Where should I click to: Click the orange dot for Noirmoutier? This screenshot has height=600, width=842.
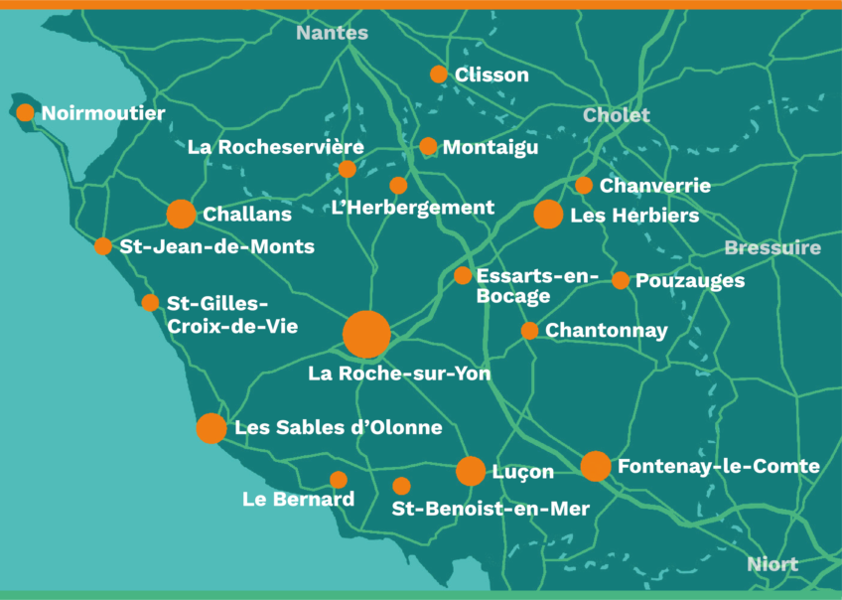[x=25, y=112]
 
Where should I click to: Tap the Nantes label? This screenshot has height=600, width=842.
[x=332, y=33]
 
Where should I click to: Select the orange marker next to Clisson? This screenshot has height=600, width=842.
[x=439, y=75]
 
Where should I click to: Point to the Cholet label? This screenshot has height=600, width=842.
[x=617, y=115]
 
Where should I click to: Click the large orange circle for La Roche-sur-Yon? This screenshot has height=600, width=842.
[x=366, y=334]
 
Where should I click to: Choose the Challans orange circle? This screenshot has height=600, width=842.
[x=181, y=214]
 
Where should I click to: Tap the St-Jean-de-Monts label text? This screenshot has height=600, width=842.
[x=216, y=246]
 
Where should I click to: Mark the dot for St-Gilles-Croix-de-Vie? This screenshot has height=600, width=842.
[x=150, y=302]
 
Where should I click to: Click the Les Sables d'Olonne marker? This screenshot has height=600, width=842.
[x=210, y=428]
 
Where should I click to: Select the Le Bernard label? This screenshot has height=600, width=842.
[x=298, y=499]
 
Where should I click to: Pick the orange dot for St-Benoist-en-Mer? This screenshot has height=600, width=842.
[x=401, y=486]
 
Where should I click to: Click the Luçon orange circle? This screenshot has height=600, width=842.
[x=471, y=471]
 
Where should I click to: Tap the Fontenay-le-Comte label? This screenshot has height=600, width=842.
[x=718, y=466]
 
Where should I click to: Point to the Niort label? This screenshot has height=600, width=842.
[x=772, y=564]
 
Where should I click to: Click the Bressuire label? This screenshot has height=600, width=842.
[x=772, y=247]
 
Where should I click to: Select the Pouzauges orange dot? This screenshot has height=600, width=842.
[x=621, y=280]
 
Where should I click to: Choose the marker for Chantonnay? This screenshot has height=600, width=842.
[x=529, y=330]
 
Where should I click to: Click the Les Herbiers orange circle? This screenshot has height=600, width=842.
[x=548, y=214]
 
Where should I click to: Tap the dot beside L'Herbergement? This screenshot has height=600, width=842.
[x=398, y=185]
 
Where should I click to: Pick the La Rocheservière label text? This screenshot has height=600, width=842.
[x=276, y=147]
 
